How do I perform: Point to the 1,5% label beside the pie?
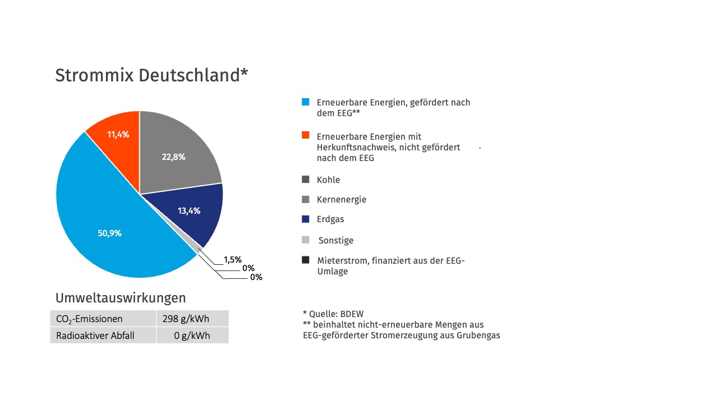tap(232, 260)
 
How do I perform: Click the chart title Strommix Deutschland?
tap(151, 75)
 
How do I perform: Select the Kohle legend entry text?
tap(328, 180)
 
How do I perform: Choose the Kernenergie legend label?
tap(341, 200)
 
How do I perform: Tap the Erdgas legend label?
tap(330, 219)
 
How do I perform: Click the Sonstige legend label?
tap(335, 240)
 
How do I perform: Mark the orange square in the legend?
tap(305, 135)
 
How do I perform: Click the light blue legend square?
tap(305, 102)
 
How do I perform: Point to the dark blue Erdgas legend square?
tap(305, 219)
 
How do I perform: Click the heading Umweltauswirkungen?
tap(120, 297)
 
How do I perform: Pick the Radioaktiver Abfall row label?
tap(96, 336)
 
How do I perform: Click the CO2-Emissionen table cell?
tap(89, 319)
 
